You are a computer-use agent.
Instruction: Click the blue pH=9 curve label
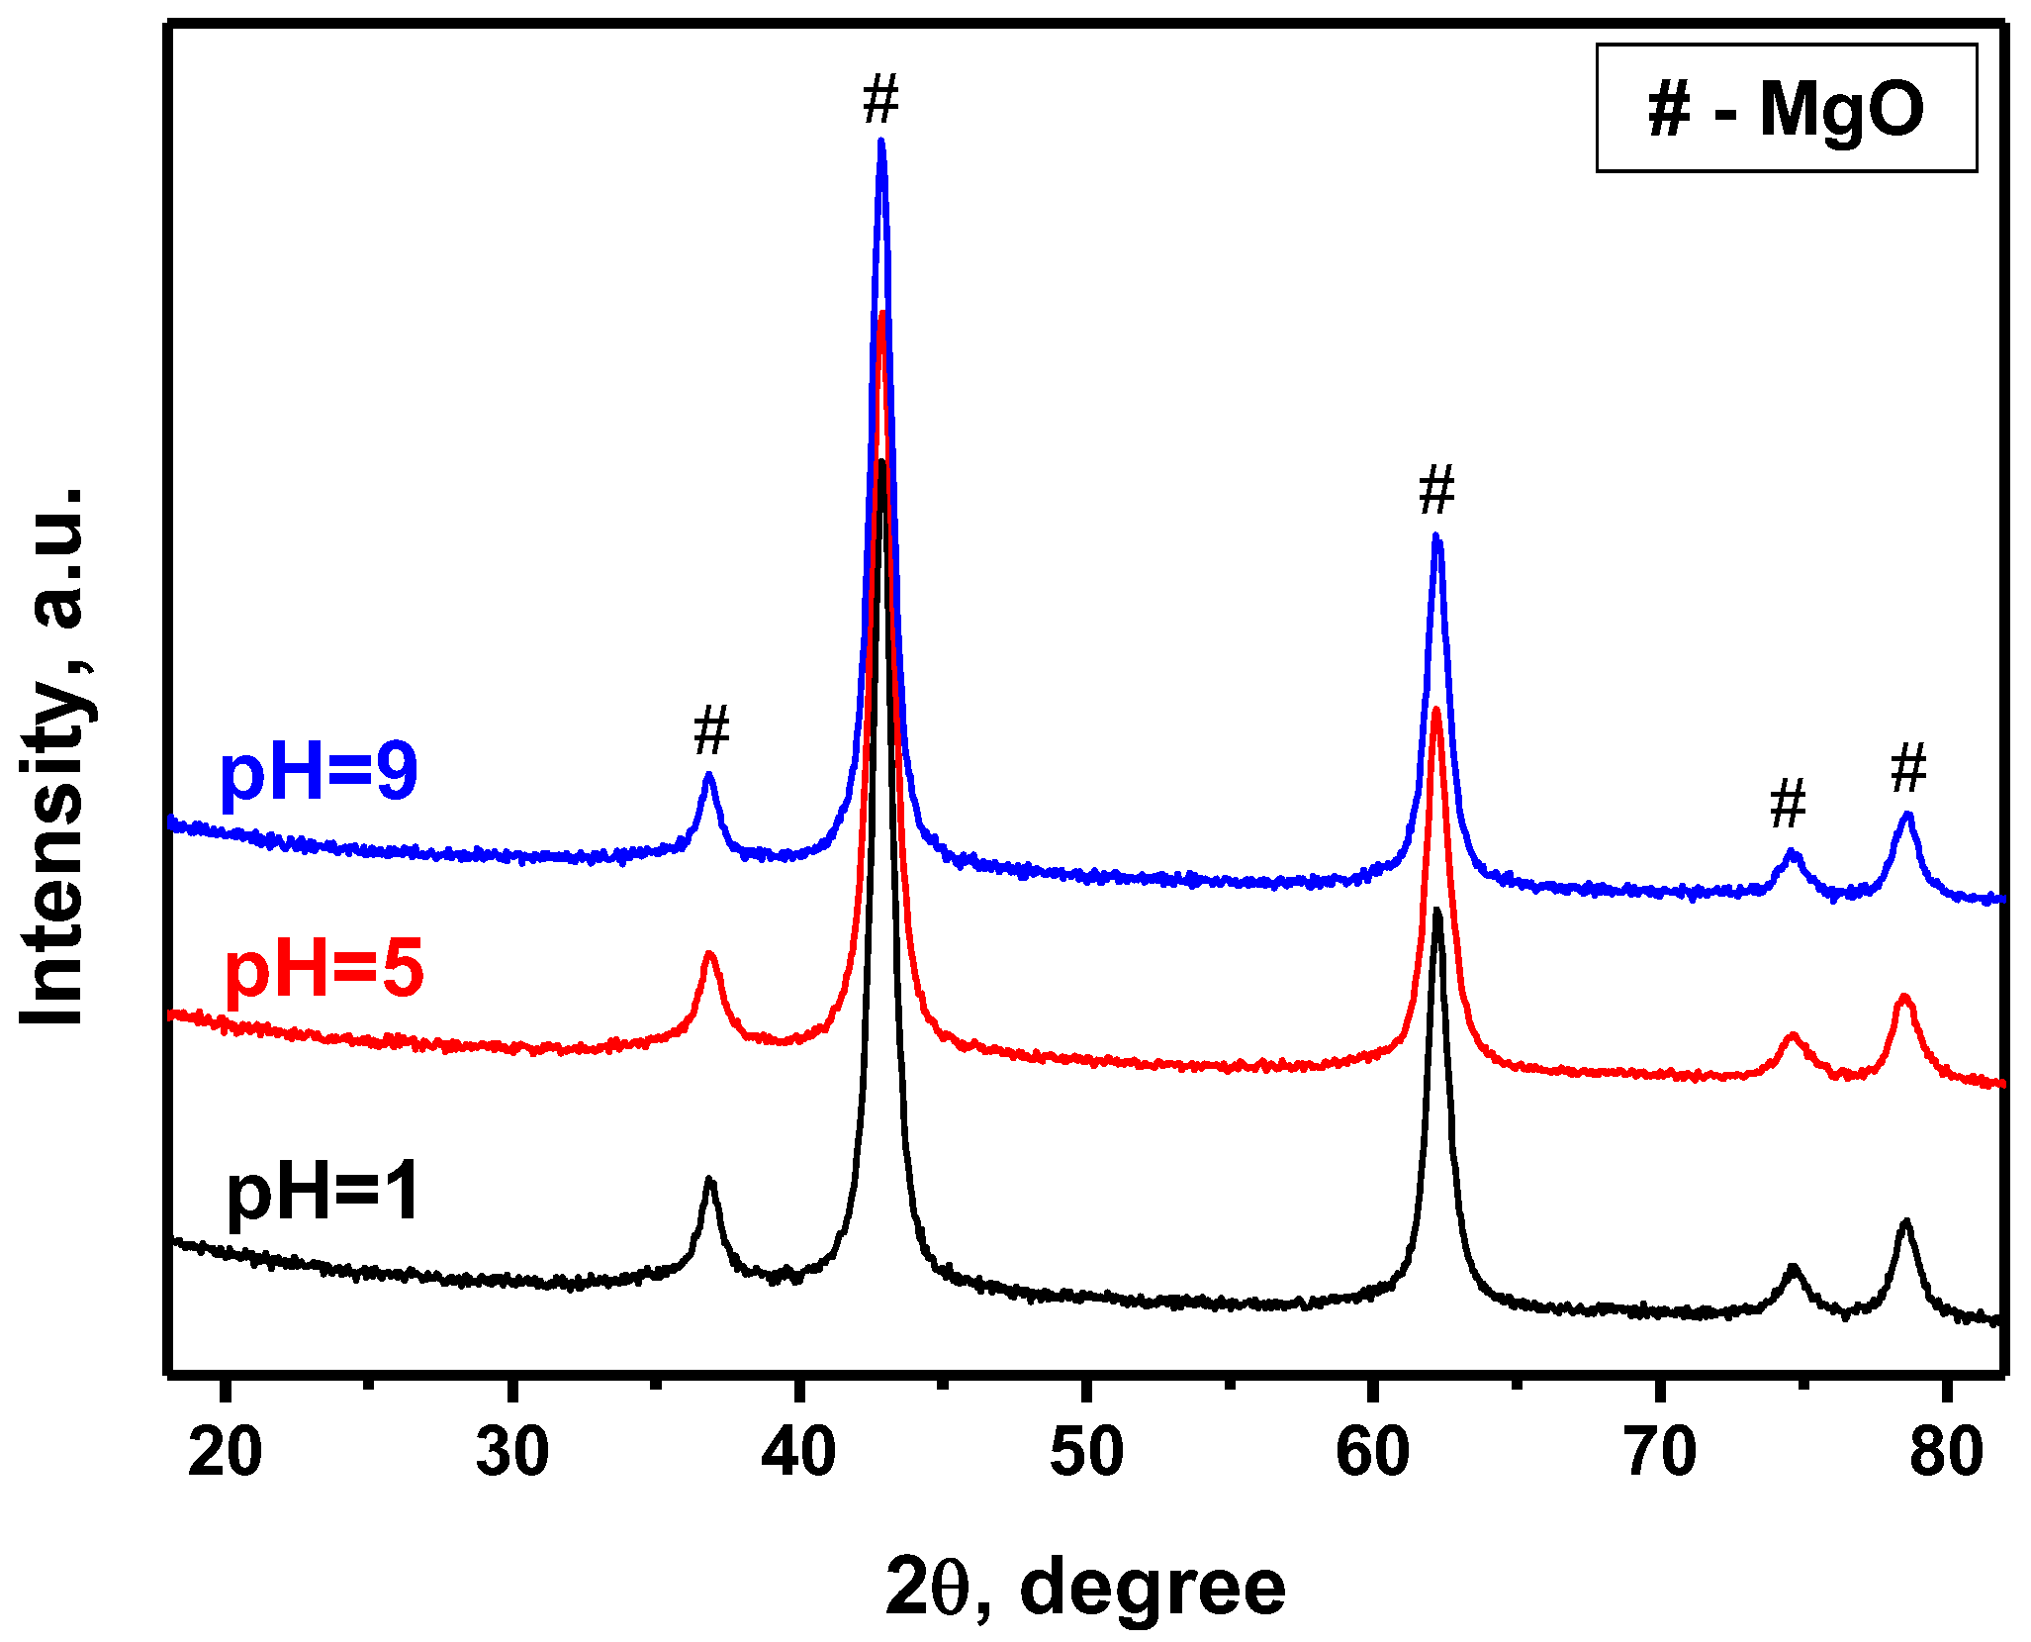click(319, 773)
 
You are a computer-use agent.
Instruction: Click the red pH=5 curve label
click(324, 969)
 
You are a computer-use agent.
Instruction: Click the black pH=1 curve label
click(323, 1193)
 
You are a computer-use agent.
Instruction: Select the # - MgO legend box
click(1786, 108)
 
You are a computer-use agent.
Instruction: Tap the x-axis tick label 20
click(226, 1453)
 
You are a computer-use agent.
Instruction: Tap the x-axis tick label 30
click(511, 1453)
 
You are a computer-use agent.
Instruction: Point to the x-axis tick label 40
click(798, 1453)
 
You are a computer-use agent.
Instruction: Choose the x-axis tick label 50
click(1086, 1453)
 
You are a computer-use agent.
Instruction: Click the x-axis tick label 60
click(1372, 1453)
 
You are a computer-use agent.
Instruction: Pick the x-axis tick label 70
click(1660, 1453)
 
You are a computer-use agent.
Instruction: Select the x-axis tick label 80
click(1946, 1453)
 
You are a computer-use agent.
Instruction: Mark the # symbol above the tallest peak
click(880, 100)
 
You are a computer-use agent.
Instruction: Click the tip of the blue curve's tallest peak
click(880, 142)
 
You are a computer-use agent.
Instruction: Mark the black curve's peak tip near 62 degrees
click(1436, 910)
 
